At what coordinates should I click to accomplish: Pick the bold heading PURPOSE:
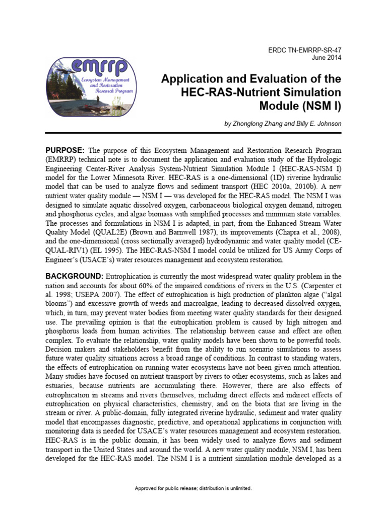click(x=66, y=150)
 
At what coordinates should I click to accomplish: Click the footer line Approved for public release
click(x=193, y=488)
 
